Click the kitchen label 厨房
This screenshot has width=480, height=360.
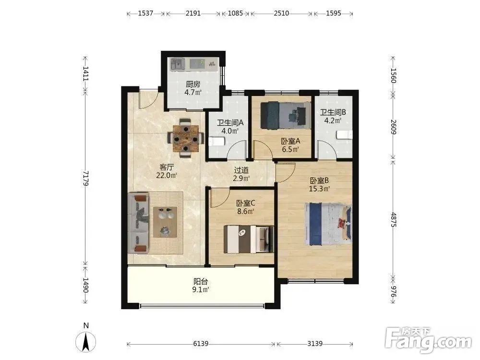coord(193,84)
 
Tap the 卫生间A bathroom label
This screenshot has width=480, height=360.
coord(230,123)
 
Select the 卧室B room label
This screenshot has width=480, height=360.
coord(319,180)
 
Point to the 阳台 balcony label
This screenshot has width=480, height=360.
coord(201,281)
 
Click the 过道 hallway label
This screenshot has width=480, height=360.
coord(241,170)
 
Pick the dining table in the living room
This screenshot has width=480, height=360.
coord(185,138)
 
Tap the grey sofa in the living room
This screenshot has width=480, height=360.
coord(138,223)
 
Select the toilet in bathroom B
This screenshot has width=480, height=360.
coord(345,135)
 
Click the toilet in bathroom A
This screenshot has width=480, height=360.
coord(217,142)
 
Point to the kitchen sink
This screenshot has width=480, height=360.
coord(178,64)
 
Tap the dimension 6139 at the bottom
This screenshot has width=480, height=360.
coord(201,344)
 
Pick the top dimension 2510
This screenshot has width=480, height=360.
coord(281,13)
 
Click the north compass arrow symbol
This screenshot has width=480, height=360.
coord(86,341)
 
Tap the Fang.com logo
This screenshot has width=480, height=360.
coord(428,340)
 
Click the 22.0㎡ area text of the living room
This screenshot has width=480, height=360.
coord(167,175)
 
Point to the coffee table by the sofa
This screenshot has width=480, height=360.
coord(165,222)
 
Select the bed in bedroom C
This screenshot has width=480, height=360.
coord(249,239)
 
